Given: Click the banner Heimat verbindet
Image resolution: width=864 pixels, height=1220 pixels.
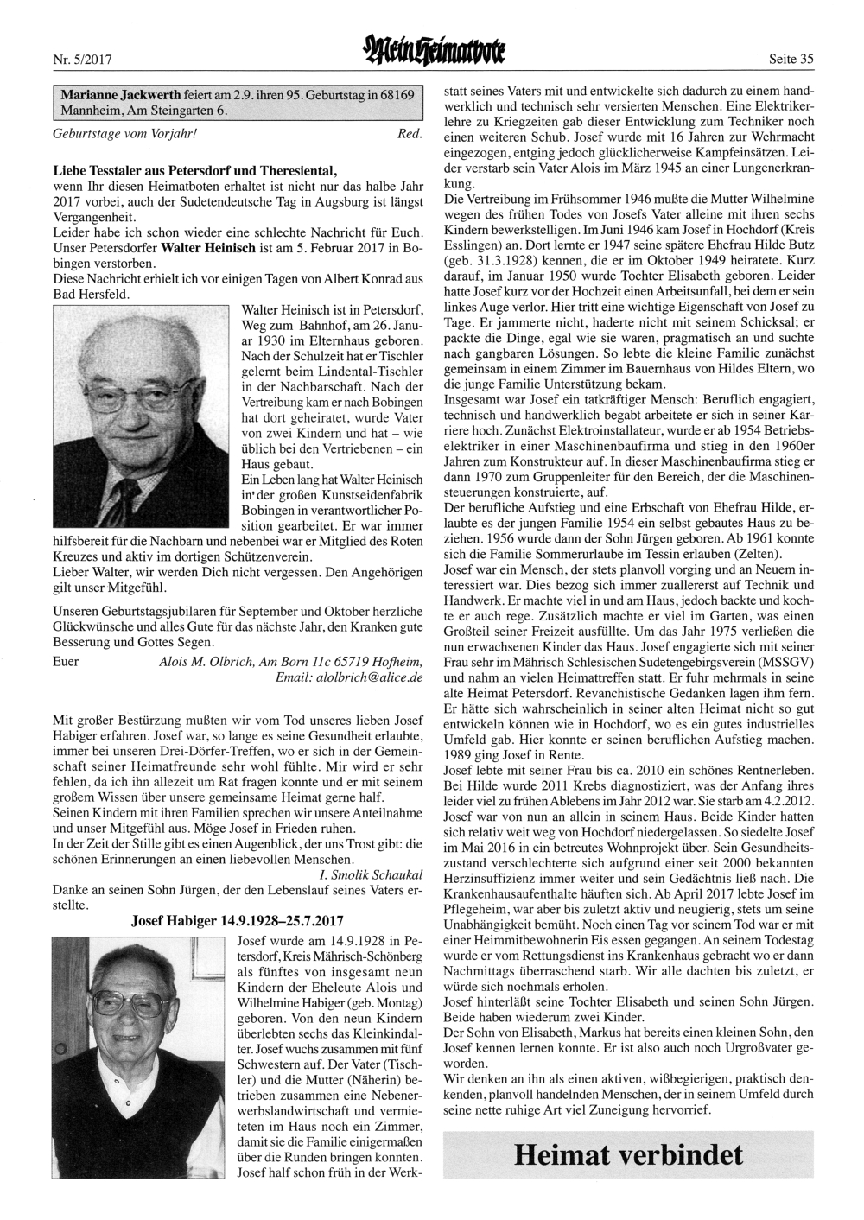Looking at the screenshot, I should click(x=627, y=1154).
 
